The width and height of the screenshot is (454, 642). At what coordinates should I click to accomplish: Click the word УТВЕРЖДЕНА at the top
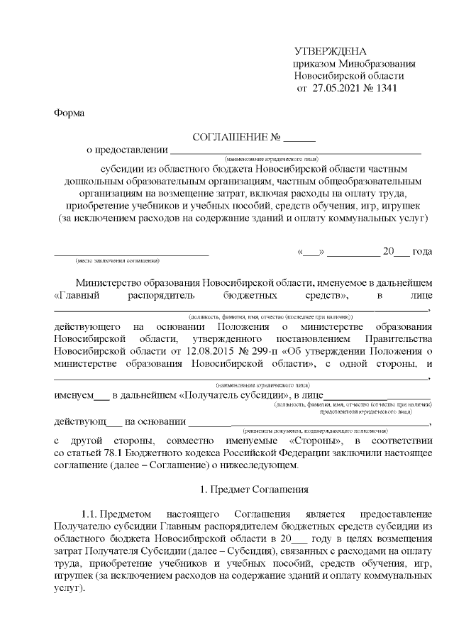(x=331, y=52)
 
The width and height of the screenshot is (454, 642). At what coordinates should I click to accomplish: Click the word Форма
(x=68, y=114)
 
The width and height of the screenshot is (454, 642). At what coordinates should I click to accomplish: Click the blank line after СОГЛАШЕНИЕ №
(x=299, y=138)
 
